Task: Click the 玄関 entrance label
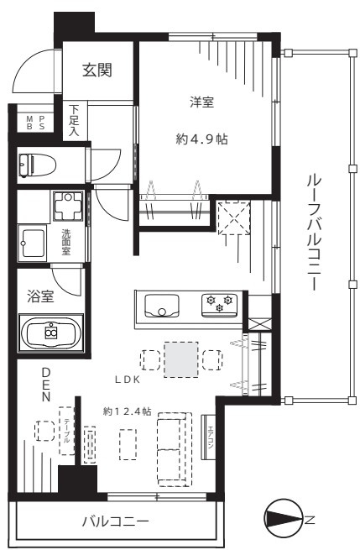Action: [x=97, y=70]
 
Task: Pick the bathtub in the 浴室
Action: [x=50, y=333]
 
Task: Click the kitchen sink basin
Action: [x=161, y=305]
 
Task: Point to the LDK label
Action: [x=130, y=380]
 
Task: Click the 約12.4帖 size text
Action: [x=128, y=411]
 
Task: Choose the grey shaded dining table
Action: [x=182, y=359]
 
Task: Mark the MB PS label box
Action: [x=35, y=122]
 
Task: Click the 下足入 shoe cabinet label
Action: [x=75, y=121]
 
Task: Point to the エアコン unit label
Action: [x=211, y=438]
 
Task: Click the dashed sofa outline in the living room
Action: [x=175, y=449]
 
